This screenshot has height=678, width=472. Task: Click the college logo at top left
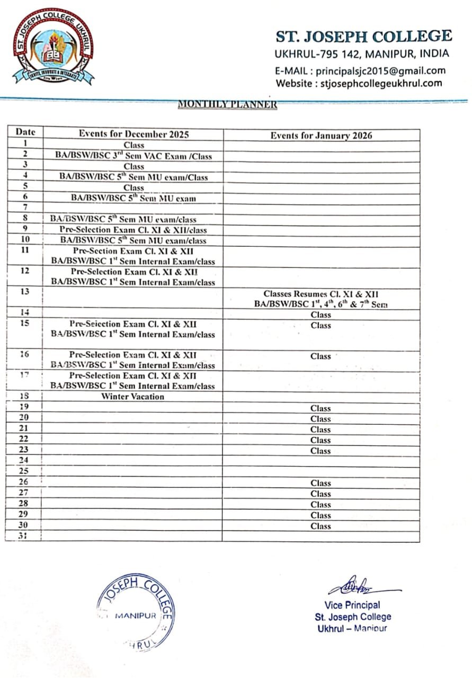[x=53, y=47]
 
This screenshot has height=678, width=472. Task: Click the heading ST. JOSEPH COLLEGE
[x=363, y=37]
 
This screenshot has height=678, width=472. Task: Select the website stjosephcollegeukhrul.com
[x=381, y=83]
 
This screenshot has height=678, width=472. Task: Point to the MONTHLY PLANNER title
[x=227, y=104]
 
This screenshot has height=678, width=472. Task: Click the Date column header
[x=25, y=132]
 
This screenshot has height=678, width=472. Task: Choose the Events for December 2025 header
[x=133, y=134]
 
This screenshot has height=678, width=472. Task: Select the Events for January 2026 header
[x=321, y=136]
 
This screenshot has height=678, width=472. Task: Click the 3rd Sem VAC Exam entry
[x=133, y=156]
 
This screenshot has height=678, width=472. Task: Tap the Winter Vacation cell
[x=133, y=396]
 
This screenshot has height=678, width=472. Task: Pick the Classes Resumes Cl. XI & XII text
[x=321, y=294]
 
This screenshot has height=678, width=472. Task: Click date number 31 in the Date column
[x=23, y=536]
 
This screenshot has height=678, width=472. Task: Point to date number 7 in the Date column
[x=25, y=207]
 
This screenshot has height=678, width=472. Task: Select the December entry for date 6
[x=133, y=199]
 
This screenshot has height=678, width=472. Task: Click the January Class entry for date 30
[x=320, y=526]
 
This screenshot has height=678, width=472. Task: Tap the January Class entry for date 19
[x=320, y=408]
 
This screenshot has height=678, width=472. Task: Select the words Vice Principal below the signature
[x=352, y=605]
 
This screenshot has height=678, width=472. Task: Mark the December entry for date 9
[x=133, y=230]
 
